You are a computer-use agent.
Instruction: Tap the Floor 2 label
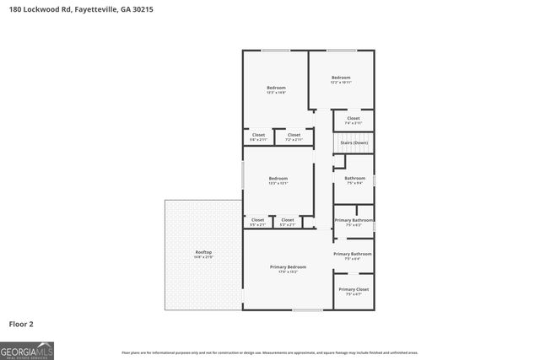tap(21, 323)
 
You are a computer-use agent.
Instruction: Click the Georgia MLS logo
tap(27, 350)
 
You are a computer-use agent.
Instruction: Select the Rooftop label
tap(203, 252)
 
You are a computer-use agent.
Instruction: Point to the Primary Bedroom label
tap(288, 267)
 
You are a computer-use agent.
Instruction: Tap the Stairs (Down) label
tap(354, 142)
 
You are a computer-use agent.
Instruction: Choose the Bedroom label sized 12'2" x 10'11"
tap(340, 78)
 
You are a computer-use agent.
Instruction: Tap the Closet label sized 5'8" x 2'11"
tap(258, 136)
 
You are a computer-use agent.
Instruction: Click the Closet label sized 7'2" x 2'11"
tap(294, 136)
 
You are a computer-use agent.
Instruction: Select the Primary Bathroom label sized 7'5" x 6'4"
tap(353, 255)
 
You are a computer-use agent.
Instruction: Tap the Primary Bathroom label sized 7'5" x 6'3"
tap(354, 221)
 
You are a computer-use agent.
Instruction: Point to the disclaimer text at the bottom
tap(269, 352)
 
